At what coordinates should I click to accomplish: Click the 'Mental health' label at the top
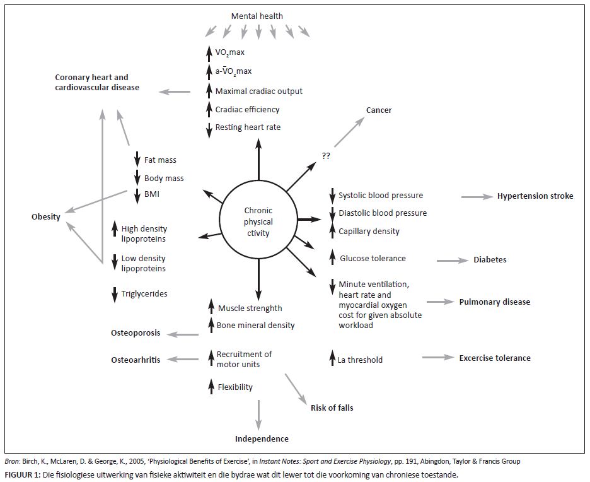(x=257, y=16)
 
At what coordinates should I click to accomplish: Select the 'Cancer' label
(x=379, y=110)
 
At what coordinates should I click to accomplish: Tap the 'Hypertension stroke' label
(x=535, y=196)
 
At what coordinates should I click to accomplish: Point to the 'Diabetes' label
(x=490, y=260)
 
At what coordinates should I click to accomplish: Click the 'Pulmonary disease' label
(x=494, y=302)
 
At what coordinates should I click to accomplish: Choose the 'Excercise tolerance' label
(x=495, y=358)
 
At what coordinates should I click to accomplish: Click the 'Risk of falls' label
(x=332, y=408)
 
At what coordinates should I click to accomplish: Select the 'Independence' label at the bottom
(x=262, y=439)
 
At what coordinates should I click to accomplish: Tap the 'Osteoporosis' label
(x=136, y=333)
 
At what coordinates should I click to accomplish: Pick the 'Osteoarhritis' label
(x=136, y=360)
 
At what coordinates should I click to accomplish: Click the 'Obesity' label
(x=46, y=217)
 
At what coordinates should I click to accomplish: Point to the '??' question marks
(x=326, y=156)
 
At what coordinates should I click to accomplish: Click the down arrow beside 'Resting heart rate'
(x=209, y=127)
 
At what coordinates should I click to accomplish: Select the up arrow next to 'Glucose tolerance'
(x=332, y=257)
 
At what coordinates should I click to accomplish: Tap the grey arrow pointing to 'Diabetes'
(x=452, y=260)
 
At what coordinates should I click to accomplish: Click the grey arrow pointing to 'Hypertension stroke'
(x=477, y=197)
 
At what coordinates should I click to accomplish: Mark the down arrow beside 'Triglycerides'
(x=115, y=293)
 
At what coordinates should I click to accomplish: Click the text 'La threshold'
(x=360, y=360)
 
